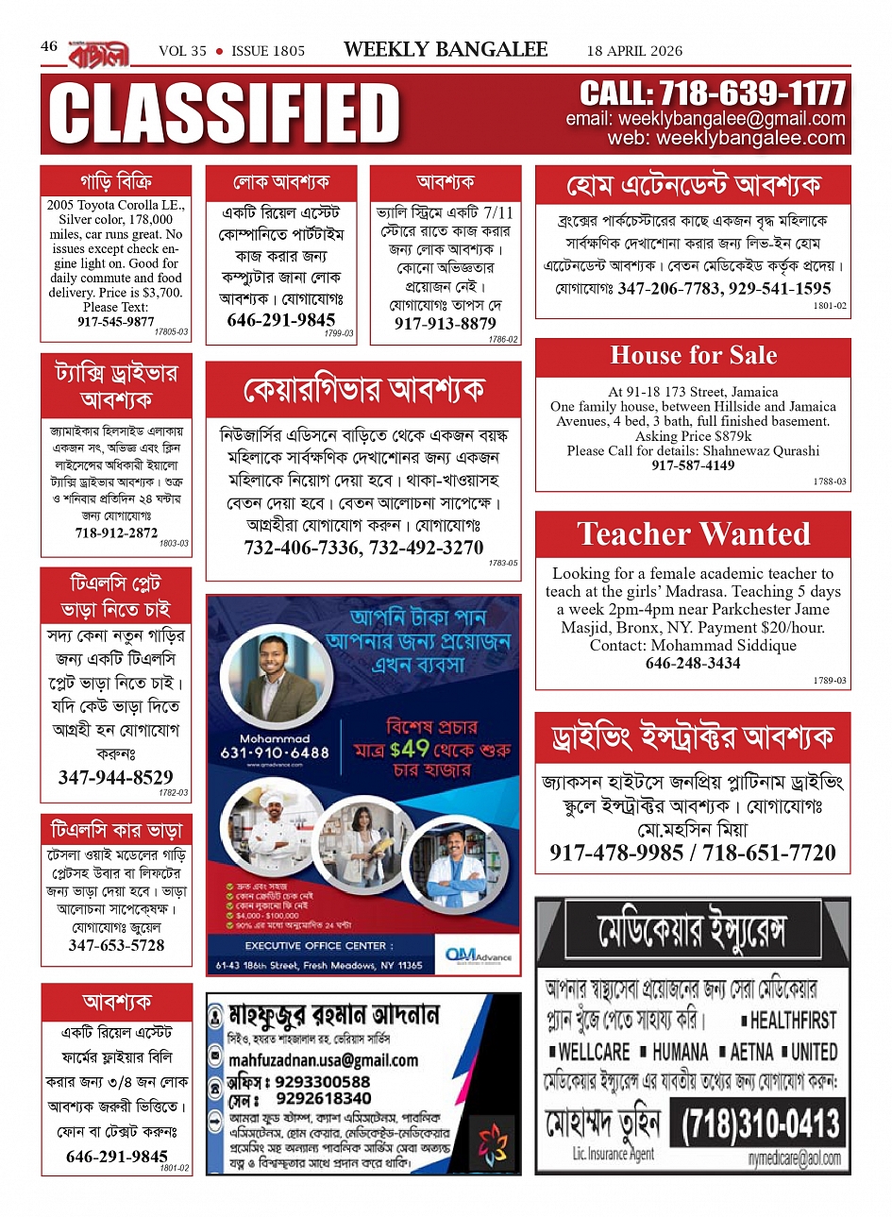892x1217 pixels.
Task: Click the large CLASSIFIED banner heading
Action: pos(225,114)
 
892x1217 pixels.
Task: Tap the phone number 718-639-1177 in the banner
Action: pos(712,93)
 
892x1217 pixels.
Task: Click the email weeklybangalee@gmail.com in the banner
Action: pos(705,119)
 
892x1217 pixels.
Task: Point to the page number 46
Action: pos(49,45)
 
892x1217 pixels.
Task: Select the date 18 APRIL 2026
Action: pos(634,51)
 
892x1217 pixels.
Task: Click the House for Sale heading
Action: pos(694,356)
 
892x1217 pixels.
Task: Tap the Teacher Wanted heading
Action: pos(694,534)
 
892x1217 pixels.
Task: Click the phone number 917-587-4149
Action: pos(693,465)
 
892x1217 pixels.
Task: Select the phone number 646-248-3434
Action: pos(693,664)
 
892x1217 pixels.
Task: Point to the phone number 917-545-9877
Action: pos(115,322)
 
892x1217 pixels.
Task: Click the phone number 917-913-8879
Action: pos(445,324)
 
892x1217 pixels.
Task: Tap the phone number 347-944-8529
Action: pos(116,778)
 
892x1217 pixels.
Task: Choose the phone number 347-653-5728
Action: pos(116,945)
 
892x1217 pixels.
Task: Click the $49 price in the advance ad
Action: pos(409,749)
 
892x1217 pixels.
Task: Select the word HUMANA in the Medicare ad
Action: pos(679,1052)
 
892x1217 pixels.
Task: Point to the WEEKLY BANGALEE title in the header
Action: pos(446,50)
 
